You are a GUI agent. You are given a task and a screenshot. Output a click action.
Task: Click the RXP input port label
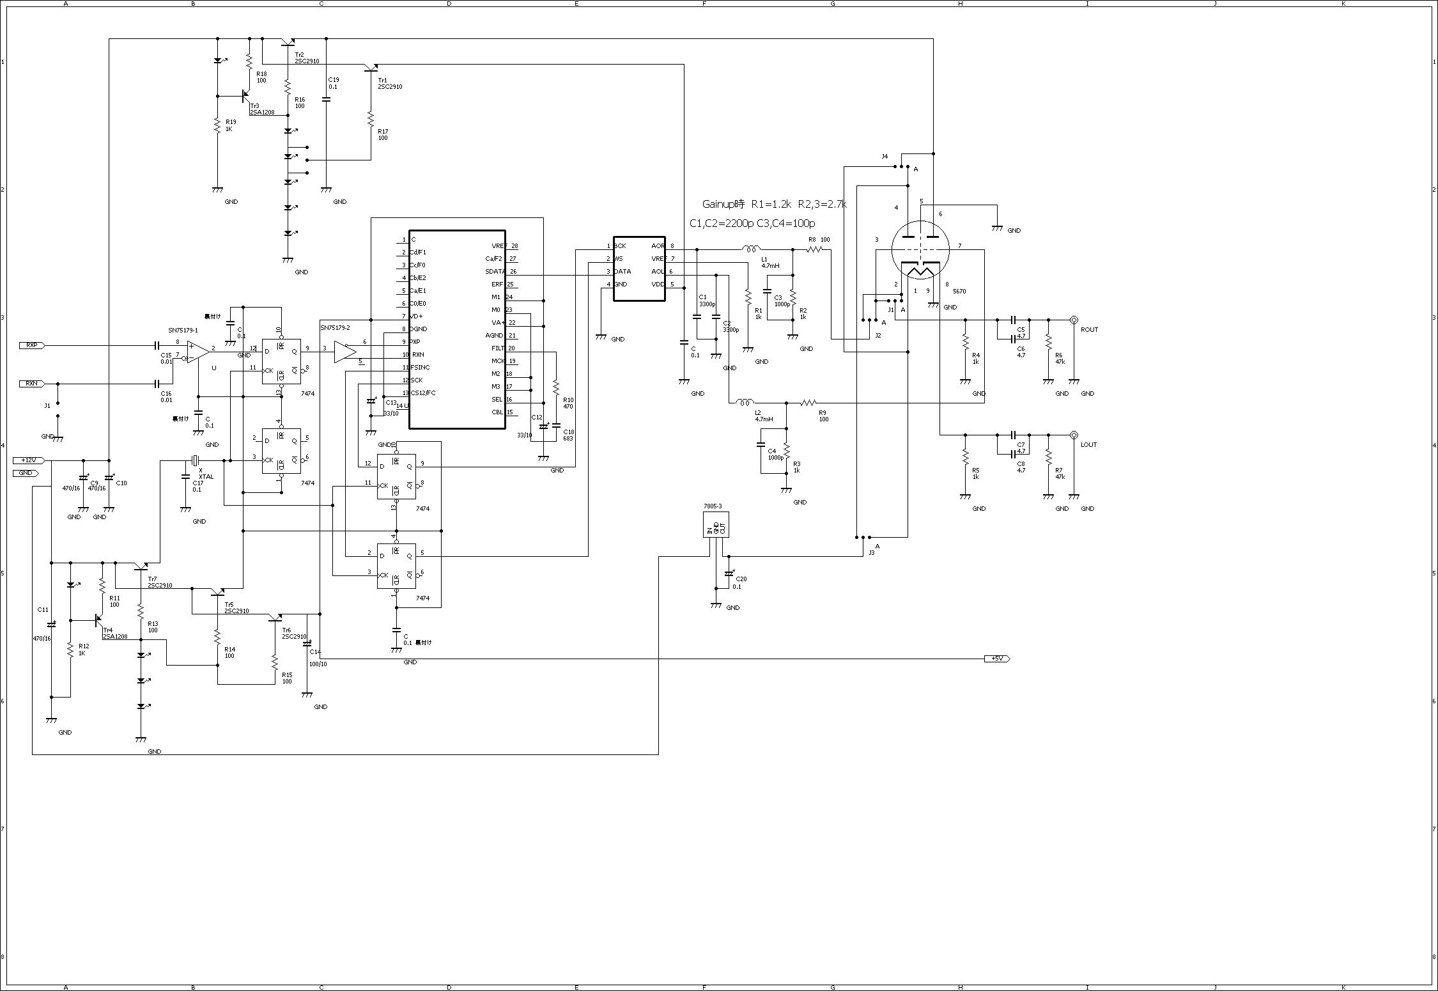point(31,345)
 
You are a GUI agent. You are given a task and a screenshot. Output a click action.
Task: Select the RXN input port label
point(31,384)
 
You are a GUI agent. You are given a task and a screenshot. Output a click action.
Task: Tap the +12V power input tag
point(29,460)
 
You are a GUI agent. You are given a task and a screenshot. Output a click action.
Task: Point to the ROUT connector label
point(1089,330)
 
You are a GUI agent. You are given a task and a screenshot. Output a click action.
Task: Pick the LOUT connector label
point(1089,445)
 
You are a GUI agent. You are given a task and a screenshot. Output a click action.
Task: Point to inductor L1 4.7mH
point(751,249)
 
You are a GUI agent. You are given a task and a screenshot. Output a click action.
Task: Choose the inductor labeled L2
point(745,403)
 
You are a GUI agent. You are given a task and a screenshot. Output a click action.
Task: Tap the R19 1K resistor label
point(231,125)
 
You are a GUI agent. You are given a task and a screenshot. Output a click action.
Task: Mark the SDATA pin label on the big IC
point(495,272)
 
